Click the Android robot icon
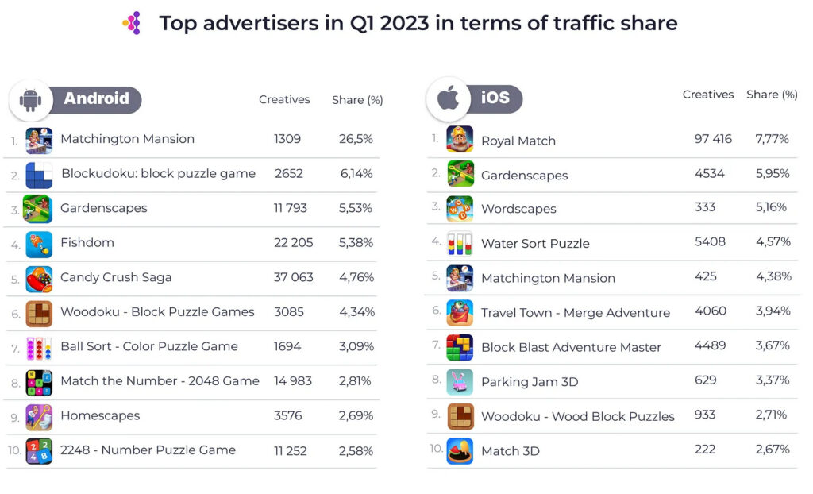pyautogui.click(x=31, y=100)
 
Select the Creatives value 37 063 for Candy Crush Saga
pyautogui.click(x=294, y=277)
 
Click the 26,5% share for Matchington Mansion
pyautogui.click(x=356, y=139)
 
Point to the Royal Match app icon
pyautogui.click(x=460, y=139)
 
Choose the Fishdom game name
pyautogui.click(x=87, y=243)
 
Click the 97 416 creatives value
pyautogui.click(x=713, y=139)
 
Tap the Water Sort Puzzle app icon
pyautogui.click(x=460, y=243)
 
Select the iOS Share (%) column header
pyautogui.click(x=772, y=95)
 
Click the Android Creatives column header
pyautogui.click(x=284, y=99)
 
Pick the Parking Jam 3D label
pyautogui.click(x=530, y=382)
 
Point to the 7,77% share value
pyautogui.click(x=773, y=139)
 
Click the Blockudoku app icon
pyautogui.click(x=39, y=174)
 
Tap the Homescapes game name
pyautogui.click(x=100, y=415)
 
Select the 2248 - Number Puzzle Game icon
pyautogui.click(x=39, y=450)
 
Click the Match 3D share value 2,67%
pyautogui.click(x=773, y=450)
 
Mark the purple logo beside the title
pyautogui.click(x=133, y=24)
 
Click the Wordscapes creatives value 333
pyautogui.click(x=705, y=207)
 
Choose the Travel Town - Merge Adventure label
pyautogui.click(x=576, y=313)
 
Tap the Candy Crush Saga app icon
pyautogui.click(x=39, y=278)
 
